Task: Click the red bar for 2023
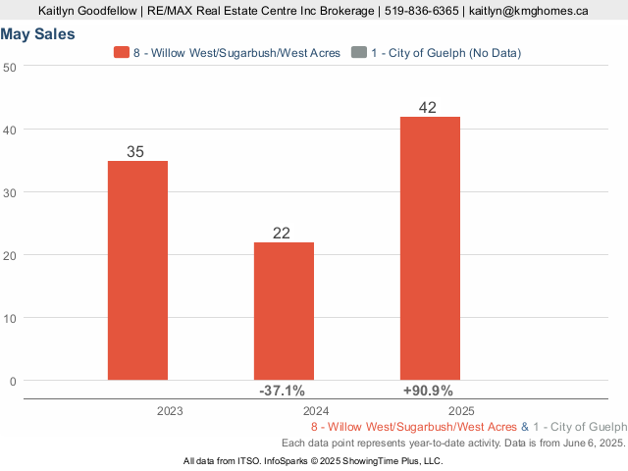tap(137, 270)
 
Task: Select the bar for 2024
tap(284, 310)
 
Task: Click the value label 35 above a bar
tap(137, 152)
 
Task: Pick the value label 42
tap(427, 108)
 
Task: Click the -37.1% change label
tap(282, 391)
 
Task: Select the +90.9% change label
tap(429, 391)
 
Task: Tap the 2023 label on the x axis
tap(170, 411)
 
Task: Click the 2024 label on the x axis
tap(316, 411)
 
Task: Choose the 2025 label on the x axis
tap(462, 411)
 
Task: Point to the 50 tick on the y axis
tap(10, 67)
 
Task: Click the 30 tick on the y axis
tap(10, 192)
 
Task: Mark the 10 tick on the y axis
tap(10, 318)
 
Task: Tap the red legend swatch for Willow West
tap(122, 52)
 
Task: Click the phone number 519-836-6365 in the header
tap(421, 11)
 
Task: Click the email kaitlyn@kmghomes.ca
tap(529, 11)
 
